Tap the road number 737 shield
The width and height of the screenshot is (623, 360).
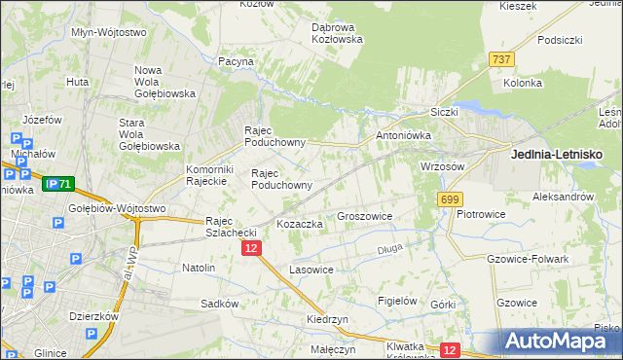[x=502, y=59]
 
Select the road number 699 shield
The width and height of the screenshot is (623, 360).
[x=449, y=199]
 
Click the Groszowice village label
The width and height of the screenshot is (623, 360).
[x=364, y=216]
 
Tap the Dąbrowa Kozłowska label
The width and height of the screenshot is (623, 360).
[x=337, y=33]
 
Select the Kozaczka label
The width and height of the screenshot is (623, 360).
[x=300, y=224]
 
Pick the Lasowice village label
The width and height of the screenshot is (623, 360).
[x=311, y=270]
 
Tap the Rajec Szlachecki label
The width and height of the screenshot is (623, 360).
[x=231, y=227]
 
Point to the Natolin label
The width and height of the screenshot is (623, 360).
[x=199, y=267]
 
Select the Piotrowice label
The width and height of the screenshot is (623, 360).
[x=479, y=213]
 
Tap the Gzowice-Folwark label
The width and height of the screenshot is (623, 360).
[x=526, y=259]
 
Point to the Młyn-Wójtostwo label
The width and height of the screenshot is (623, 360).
[x=109, y=32]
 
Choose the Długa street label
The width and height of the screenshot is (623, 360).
[x=389, y=251]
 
